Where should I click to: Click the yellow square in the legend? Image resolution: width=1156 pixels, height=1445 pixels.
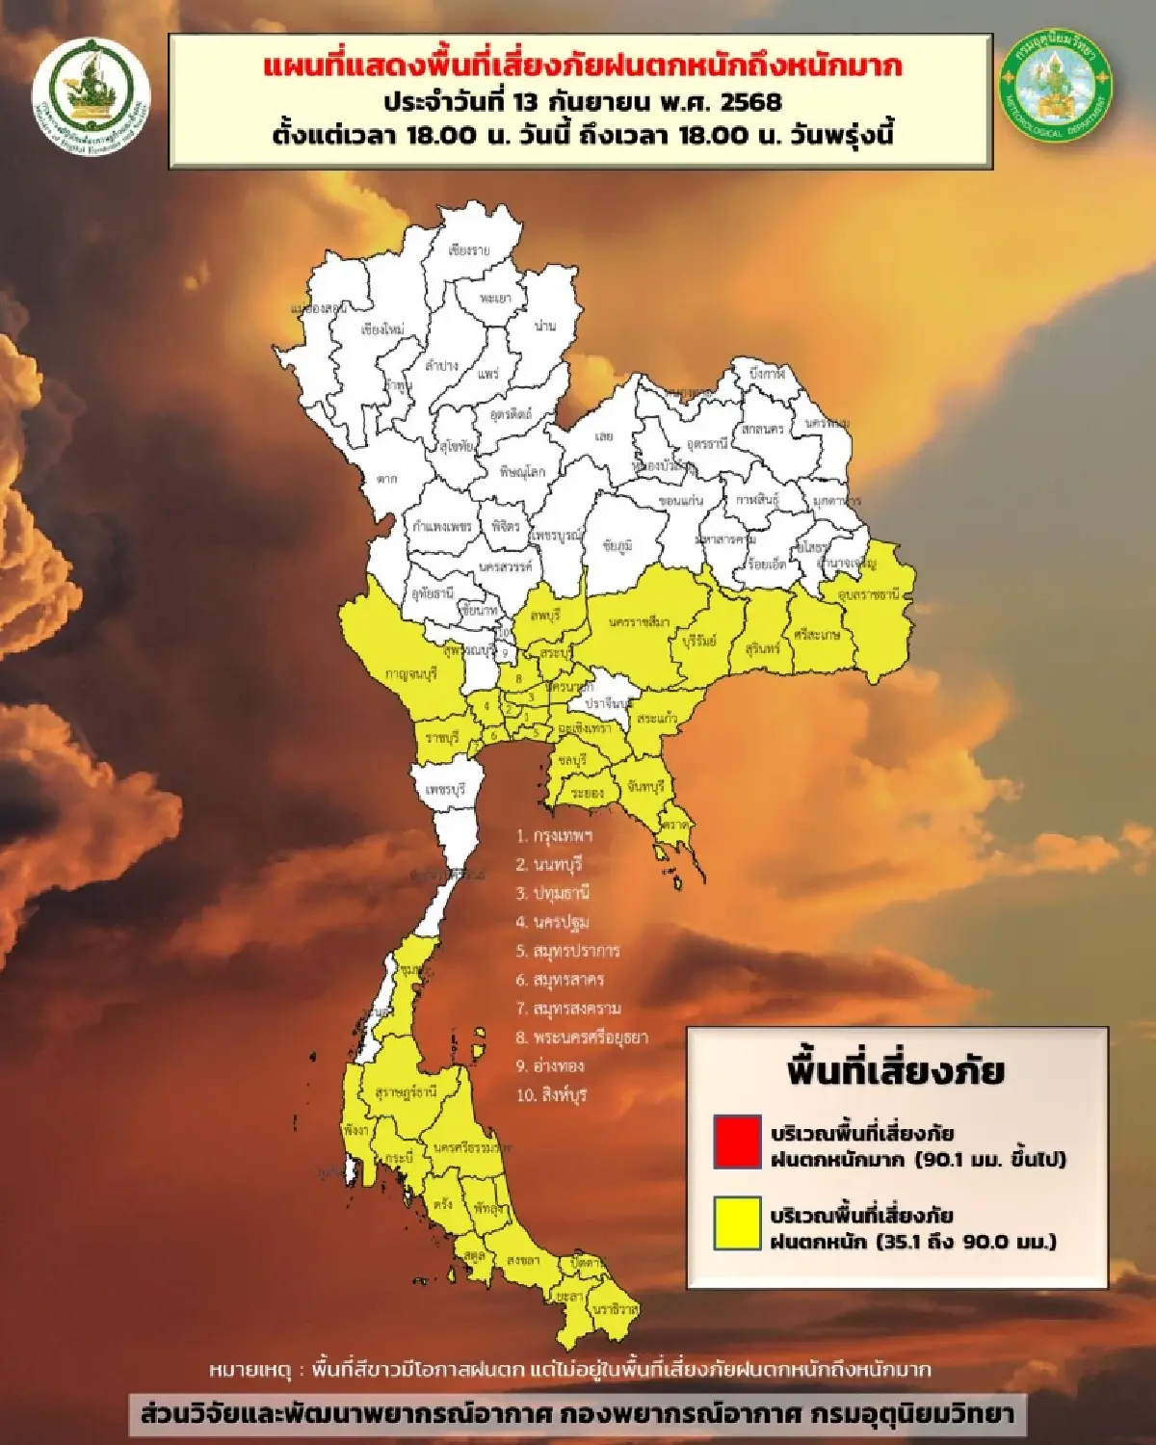coord(738,1224)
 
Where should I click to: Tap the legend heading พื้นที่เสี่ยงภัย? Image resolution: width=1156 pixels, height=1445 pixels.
coord(896,1071)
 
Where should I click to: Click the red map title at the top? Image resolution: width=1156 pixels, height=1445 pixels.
coord(583,66)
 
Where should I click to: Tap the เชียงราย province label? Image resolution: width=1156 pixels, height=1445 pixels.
coord(469,250)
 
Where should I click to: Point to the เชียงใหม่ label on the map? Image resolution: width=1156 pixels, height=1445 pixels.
coord(382,329)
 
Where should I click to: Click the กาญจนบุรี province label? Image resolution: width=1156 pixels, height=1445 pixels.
coord(411,674)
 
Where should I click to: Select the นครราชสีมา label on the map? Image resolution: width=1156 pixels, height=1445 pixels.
coord(639,622)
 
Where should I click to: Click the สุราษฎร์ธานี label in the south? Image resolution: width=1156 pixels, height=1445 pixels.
coord(406,1092)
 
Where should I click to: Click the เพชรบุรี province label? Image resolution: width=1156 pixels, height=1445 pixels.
coord(445,790)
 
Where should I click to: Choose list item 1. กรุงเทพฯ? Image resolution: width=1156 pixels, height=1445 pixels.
coord(554,836)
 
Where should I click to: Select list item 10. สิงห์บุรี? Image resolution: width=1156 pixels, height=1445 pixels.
coord(551,1095)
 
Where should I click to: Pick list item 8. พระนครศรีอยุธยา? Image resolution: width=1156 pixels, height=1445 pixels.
coord(582,1038)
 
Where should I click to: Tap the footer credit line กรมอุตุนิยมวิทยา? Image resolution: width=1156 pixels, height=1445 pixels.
coord(911,1414)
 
